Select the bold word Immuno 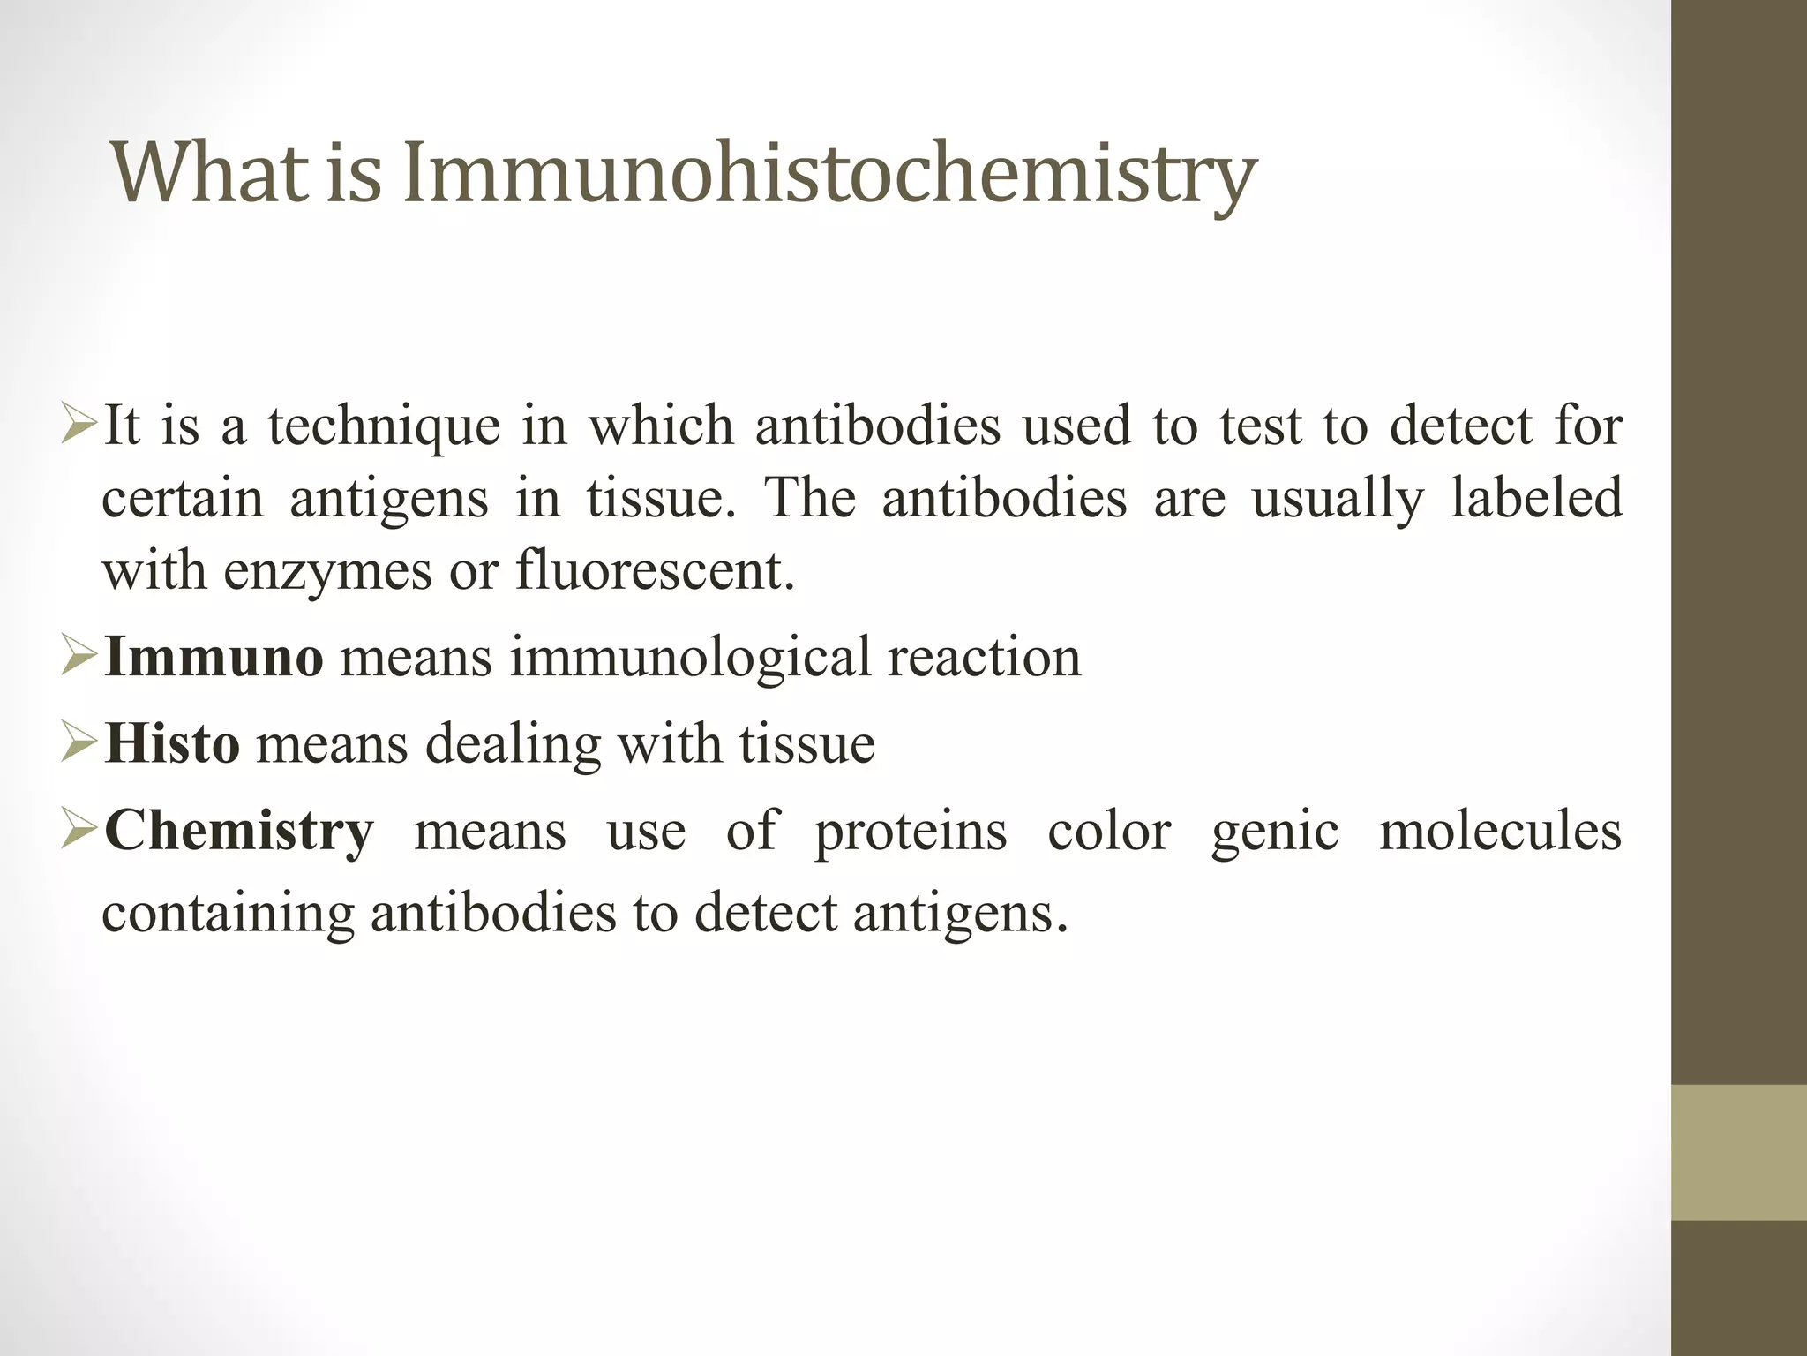pos(214,658)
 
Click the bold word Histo pos(172,743)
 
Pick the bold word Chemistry pos(239,831)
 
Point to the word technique pos(384,426)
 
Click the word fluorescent pos(655,570)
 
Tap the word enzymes pos(328,572)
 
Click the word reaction pos(984,658)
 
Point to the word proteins pos(910,832)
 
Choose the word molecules pos(1500,831)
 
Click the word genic pos(1275,832)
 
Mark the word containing pos(228,913)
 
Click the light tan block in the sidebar pos(1739,1152)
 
